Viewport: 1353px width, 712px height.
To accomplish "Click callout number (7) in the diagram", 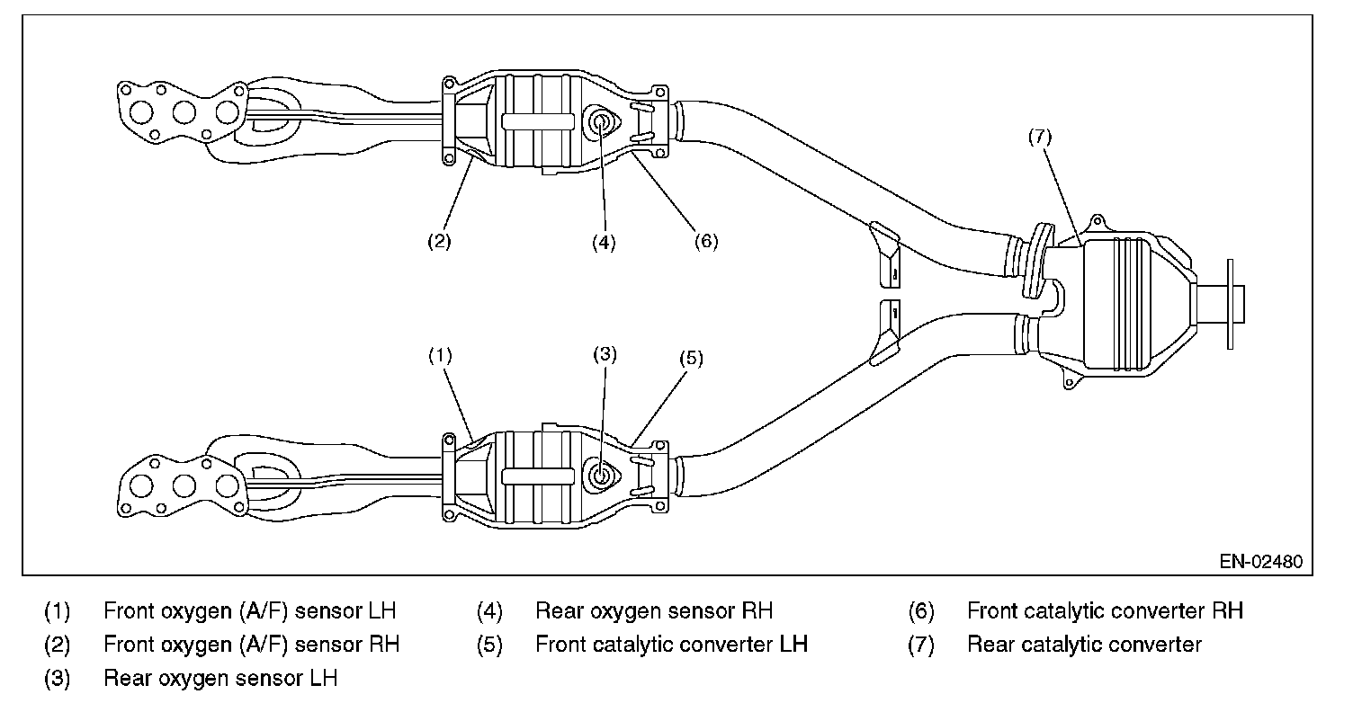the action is pos(1040,138).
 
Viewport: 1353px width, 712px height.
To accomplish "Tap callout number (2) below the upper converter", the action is pos(439,241).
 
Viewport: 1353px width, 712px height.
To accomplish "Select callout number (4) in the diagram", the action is pos(604,243).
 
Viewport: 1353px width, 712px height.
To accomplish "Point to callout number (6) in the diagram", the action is pos(706,241).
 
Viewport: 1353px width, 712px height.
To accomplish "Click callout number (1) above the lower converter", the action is pos(440,355).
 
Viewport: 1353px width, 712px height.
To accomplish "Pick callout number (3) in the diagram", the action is pos(605,354).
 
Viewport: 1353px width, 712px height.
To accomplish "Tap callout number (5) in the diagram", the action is pos(692,359).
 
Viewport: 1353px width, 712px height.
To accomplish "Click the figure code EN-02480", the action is pos(1260,562).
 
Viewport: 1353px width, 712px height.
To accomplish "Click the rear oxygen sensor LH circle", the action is pos(601,475).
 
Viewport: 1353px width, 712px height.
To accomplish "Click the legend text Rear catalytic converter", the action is pos(1084,645).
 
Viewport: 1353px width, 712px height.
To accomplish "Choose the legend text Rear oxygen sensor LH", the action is pos(220,678).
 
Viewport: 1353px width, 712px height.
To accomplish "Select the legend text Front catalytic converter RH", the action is pos(1106,610).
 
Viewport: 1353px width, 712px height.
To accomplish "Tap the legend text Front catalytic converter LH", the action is pos(672,645).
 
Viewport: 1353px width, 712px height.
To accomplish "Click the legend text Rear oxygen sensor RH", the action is pos(654,610).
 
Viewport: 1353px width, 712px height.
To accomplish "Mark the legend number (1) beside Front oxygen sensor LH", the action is pos(57,611).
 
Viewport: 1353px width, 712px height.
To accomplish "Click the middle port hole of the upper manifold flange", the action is pos(184,112).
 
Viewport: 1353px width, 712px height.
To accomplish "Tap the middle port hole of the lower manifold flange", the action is pos(184,485).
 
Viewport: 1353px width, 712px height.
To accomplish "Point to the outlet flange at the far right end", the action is pos(1231,304).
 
